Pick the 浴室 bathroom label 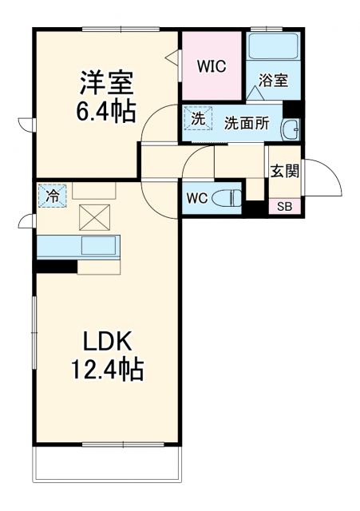(x=272, y=81)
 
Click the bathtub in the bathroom (x=272, y=46)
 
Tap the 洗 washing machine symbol (x=196, y=118)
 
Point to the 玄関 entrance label (x=283, y=170)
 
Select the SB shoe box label (x=283, y=207)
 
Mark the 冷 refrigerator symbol (x=52, y=194)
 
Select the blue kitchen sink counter (x=78, y=247)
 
